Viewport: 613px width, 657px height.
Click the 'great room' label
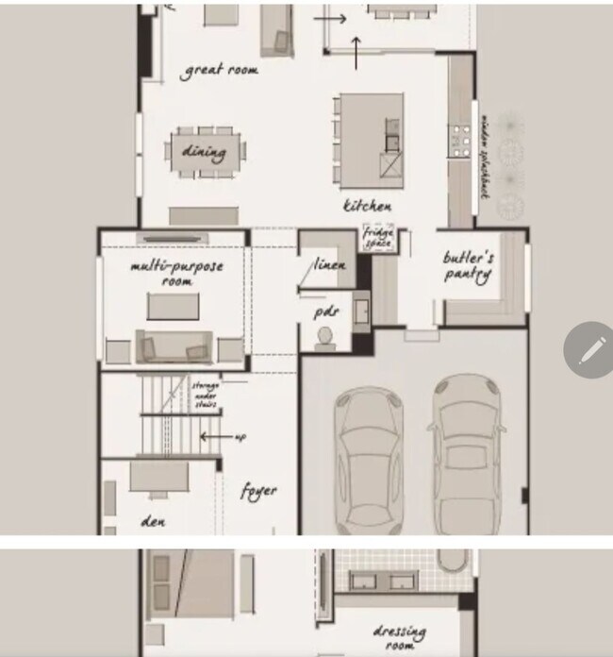point(221,71)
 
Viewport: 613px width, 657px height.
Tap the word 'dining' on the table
point(204,151)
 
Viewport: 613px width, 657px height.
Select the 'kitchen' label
point(367,206)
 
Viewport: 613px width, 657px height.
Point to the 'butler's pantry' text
point(469,266)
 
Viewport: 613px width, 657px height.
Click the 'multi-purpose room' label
point(176,273)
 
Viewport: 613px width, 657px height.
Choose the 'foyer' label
point(258,492)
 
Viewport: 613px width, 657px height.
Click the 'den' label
point(153,520)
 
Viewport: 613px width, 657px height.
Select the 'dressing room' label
point(399,636)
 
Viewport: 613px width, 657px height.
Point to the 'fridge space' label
point(379,238)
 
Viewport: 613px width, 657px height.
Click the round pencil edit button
point(588,350)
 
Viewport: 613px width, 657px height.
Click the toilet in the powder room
point(325,337)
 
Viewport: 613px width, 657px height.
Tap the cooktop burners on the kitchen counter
point(460,141)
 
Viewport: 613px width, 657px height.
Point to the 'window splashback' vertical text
point(485,157)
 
